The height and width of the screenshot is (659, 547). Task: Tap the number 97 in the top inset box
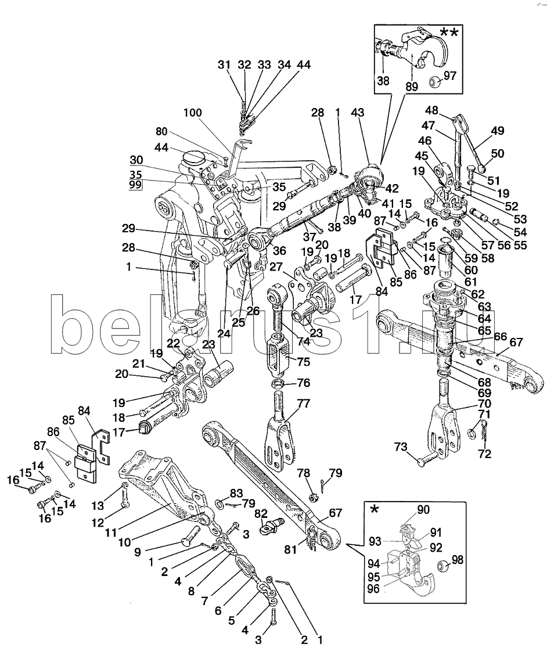click(451, 75)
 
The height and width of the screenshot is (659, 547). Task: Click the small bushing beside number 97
click(433, 82)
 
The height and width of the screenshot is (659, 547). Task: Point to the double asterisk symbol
click(448, 32)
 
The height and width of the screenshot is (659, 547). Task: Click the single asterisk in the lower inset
click(375, 509)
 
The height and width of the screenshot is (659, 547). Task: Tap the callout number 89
click(411, 88)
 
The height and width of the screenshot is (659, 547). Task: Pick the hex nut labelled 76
click(278, 384)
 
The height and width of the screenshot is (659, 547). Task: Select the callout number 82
click(261, 513)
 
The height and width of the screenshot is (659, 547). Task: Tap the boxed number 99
click(136, 185)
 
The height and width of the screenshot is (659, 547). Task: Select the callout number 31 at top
click(224, 65)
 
